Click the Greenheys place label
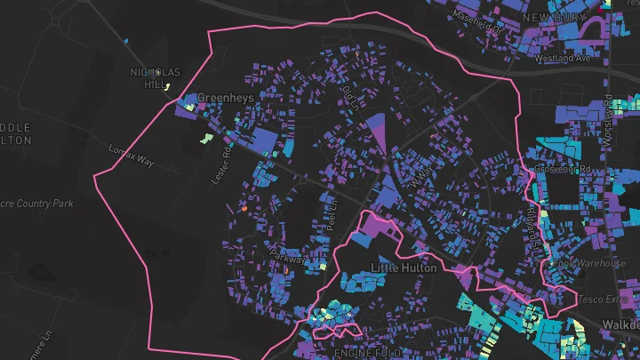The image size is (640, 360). pos(225,98)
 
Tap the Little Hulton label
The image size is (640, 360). pos(404,268)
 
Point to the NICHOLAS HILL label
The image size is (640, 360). pos(155,78)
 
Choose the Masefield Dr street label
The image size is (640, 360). pos(477,20)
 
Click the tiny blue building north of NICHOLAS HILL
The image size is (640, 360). pos(127,41)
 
